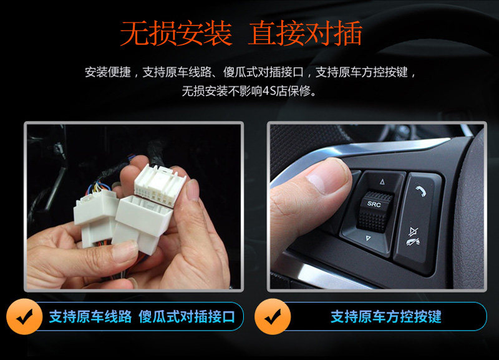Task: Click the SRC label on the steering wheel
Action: (374, 204)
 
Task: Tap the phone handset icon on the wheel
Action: (421, 191)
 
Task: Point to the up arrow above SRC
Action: (382, 182)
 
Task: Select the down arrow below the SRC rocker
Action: (368, 238)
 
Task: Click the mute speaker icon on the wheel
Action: (414, 236)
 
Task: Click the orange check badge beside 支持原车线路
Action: (24, 316)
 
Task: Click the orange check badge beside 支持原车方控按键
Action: (273, 316)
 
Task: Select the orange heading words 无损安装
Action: (176, 34)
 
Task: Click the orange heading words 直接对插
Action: (305, 34)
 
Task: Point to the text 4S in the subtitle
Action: (269, 92)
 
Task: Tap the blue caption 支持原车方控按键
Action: (385, 317)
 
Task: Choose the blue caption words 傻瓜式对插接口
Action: (187, 317)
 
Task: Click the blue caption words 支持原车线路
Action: (90, 317)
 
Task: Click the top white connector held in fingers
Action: (160, 185)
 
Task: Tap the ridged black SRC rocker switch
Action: (375, 211)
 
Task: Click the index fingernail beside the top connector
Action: (193, 190)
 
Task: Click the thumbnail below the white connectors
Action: (125, 252)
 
